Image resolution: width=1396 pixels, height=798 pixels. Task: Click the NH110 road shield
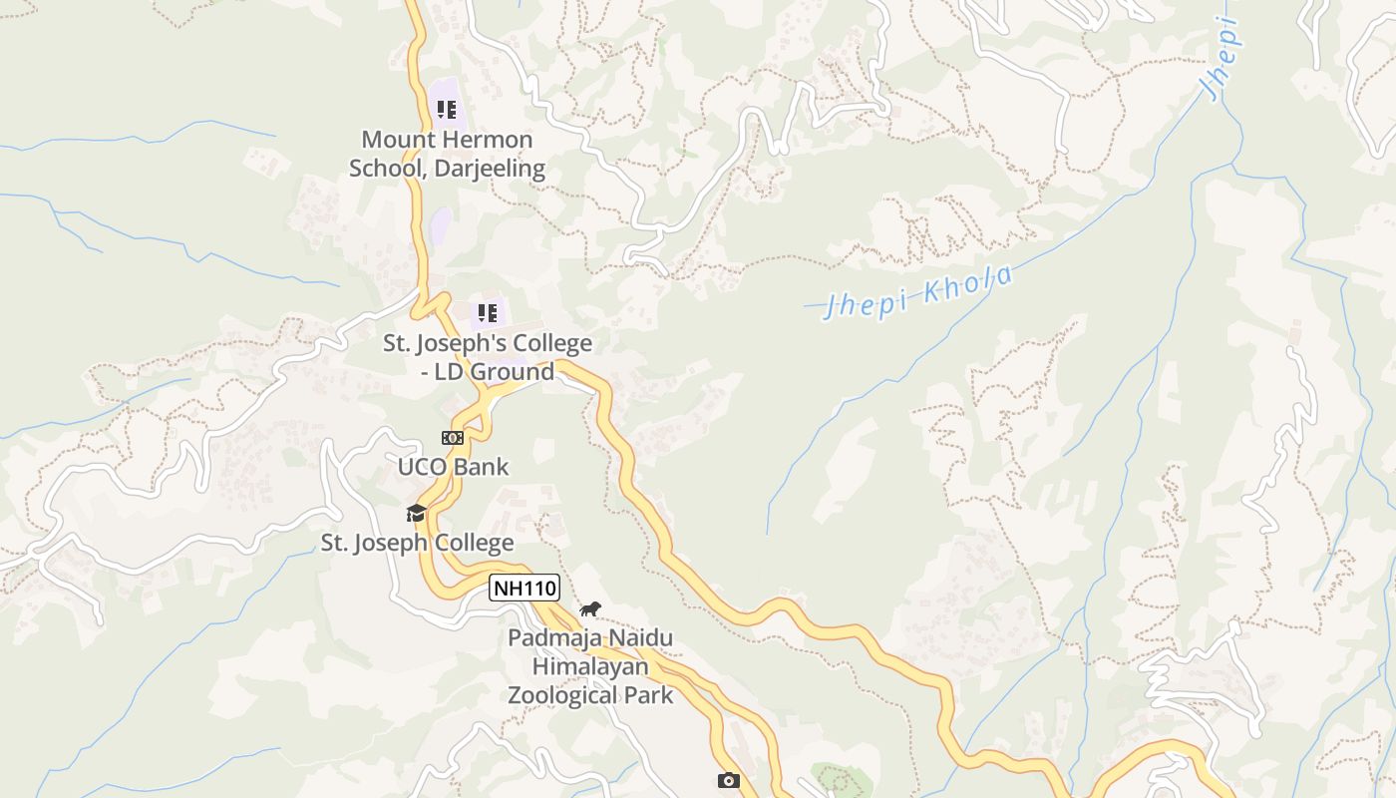tap(524, 588)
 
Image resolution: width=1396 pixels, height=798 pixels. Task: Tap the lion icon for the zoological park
tap(590, 608)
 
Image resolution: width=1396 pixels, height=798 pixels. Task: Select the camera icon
tap(729, 780)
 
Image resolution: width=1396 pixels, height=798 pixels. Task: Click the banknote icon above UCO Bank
tap(453, 438)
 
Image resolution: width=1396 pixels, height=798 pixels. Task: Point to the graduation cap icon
tap(416, 513)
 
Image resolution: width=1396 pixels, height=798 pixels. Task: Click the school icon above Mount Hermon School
tap(446, 109)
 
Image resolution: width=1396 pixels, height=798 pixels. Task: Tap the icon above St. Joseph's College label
tap(487, 313)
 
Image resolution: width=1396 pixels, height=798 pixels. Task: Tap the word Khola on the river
tap(967, 284)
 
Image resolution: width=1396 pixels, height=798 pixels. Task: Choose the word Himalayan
tap(590, 666)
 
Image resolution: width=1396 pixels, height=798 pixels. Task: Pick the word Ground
tap(512, 372)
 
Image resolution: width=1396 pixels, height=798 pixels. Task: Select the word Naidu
tap(643, 638)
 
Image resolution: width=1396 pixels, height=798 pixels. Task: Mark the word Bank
tap(483, 467)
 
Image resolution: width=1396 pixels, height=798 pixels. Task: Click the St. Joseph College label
tap(417, 543)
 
